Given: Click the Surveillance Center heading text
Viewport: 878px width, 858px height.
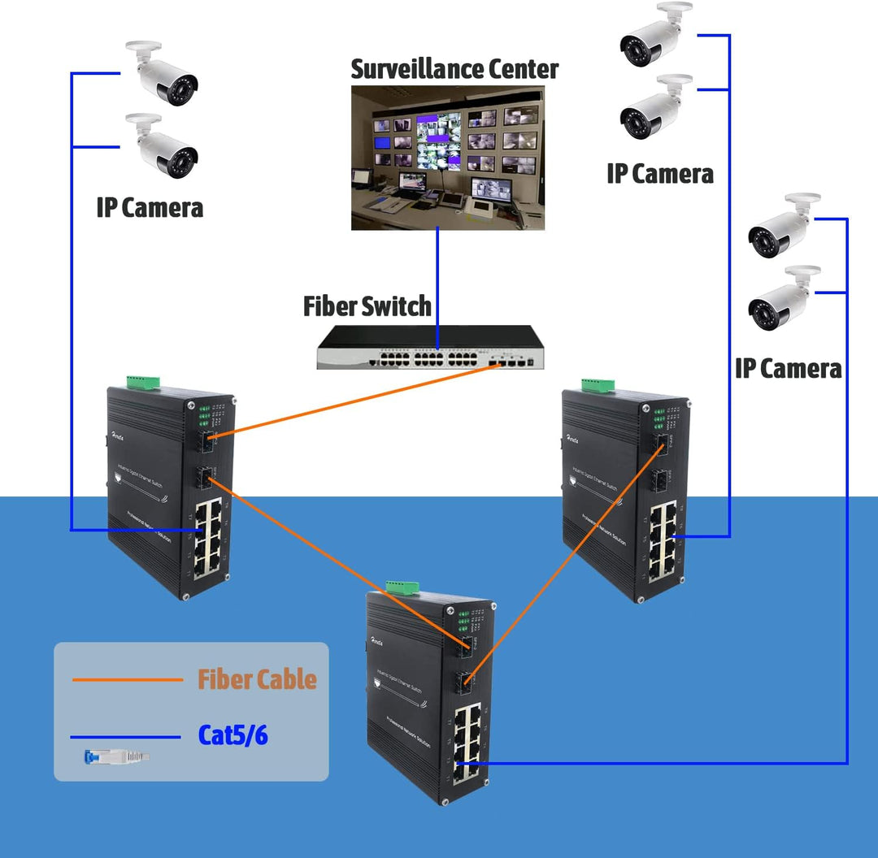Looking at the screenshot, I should click(x=454, y=69).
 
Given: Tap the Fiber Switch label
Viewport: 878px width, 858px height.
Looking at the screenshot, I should click(x=367, y=306).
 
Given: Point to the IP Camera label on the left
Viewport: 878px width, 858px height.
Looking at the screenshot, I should click(x=150, y=207).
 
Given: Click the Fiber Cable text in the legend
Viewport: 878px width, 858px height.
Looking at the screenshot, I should click(x=257, y=679).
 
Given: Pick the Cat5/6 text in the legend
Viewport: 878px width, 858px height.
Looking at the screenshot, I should click(x=233, y=735).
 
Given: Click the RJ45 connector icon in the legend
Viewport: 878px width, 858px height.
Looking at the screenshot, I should click(x=116, y=757).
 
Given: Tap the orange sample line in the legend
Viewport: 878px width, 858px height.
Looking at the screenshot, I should click(x=127, y=680).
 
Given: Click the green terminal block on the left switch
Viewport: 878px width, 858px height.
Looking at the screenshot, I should click(x=143, y=381).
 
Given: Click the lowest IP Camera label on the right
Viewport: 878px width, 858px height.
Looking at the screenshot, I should click(x=788, y=368).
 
